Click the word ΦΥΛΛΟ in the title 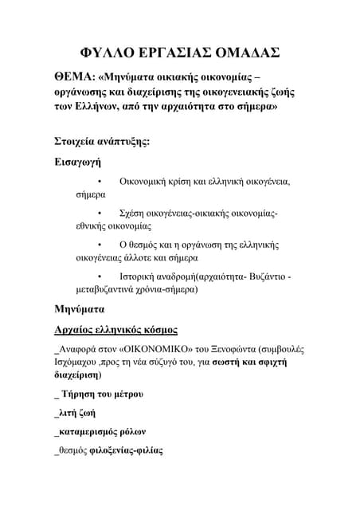109,53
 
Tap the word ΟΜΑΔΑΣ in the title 245,53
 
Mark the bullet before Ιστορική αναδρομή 100,276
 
